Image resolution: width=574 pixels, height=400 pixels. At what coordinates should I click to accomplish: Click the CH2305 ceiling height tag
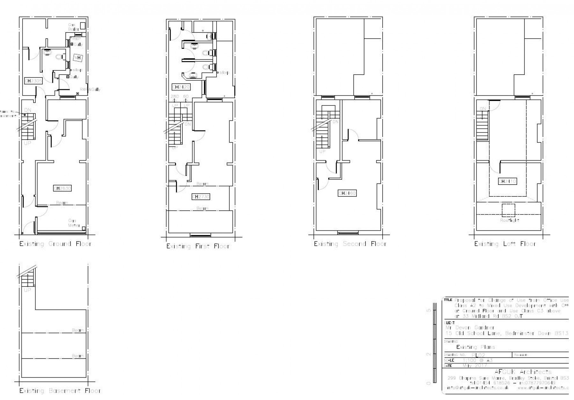click(x=33, y=81)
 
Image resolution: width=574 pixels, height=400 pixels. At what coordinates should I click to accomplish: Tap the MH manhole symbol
click(x=77, y=58)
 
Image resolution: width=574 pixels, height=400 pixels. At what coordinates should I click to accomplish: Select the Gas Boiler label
click(x=73, y=27)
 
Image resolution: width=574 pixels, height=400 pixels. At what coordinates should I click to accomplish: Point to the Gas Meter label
click(x=73, y=223)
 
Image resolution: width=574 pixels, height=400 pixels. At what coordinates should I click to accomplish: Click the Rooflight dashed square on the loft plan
click(x=508, y=210)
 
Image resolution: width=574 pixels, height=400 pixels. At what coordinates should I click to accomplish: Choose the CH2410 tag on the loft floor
click(x=507, y=181)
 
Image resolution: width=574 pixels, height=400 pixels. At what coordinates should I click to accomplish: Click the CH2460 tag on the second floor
click(x=347, y=193)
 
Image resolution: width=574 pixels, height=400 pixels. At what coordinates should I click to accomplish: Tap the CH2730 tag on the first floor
click(x=201, y=197)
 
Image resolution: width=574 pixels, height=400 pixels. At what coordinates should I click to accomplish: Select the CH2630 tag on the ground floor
click(x=62, y=188)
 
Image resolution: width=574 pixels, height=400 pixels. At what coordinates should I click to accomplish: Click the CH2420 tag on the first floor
click(x=181, y=87)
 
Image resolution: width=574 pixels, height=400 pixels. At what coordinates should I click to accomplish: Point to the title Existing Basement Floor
click(x=60, y=391)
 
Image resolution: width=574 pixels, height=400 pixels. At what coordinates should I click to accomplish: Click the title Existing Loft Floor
click(x=505, y=244)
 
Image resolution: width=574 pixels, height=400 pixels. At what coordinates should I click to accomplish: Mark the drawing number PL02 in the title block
click(x=478, y=355)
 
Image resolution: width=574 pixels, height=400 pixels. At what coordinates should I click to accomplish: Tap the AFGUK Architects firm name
click(x=523, y=372)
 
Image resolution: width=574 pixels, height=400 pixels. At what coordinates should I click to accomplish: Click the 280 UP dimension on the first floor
click(x=175, y=96)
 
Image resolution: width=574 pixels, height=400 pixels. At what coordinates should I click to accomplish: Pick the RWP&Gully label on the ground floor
click(x=90, y=90)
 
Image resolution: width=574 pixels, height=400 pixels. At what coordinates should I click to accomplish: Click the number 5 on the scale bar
click(x=429, y=310)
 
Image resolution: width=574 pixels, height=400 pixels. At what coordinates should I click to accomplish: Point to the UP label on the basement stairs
click(x=28, y=290)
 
